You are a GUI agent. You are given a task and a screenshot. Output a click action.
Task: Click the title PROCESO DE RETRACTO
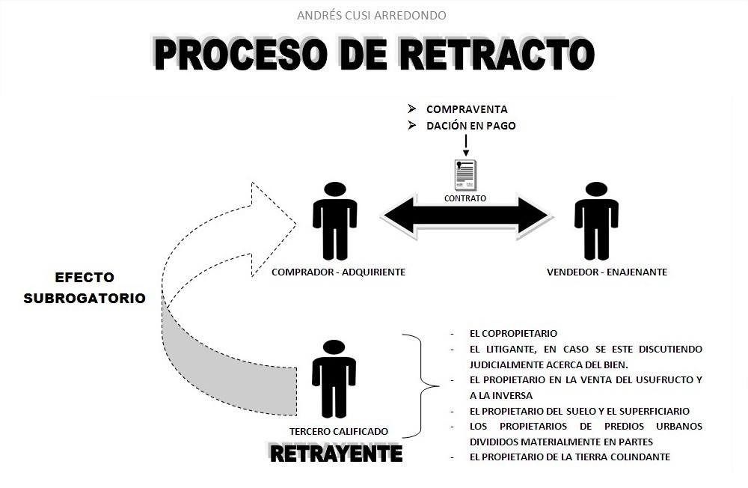tap(374, 54)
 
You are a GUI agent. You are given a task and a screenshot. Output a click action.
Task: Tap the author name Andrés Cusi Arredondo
tap(373, 15)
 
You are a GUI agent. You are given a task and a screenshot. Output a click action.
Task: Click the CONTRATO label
tap(465, 199)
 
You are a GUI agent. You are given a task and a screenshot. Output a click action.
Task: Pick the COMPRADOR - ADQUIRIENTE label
tap(339, 272)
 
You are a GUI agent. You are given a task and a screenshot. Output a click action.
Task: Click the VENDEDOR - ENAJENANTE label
tap(607, 272)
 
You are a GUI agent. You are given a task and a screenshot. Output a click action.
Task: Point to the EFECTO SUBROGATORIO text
tap(85, 286)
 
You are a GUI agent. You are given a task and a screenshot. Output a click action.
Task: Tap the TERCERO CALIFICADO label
tap(339, 431)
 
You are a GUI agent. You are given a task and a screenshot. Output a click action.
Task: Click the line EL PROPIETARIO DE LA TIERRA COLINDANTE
tap(570, 457)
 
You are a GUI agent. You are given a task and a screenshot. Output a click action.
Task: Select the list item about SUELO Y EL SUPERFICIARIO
tap(580, 411)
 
